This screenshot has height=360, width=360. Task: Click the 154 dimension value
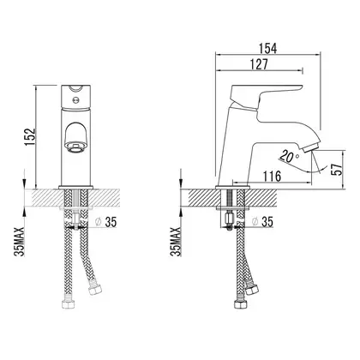(x=267, y=48)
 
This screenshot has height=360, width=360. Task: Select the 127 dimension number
(x=259, y=64)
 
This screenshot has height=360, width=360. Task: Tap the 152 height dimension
(x=30, y=136)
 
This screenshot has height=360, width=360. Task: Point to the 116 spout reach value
(x=272, y=177)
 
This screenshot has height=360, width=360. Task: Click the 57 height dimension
(x=338, y=170)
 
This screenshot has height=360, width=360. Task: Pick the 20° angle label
(x=290, y=156)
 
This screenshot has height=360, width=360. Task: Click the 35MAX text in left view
(x=19, y=242)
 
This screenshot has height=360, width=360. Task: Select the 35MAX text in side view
(x=176, y=242)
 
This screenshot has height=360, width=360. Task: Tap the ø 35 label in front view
(x=105, y=222)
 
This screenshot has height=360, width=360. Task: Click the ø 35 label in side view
(x=262, y=221)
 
